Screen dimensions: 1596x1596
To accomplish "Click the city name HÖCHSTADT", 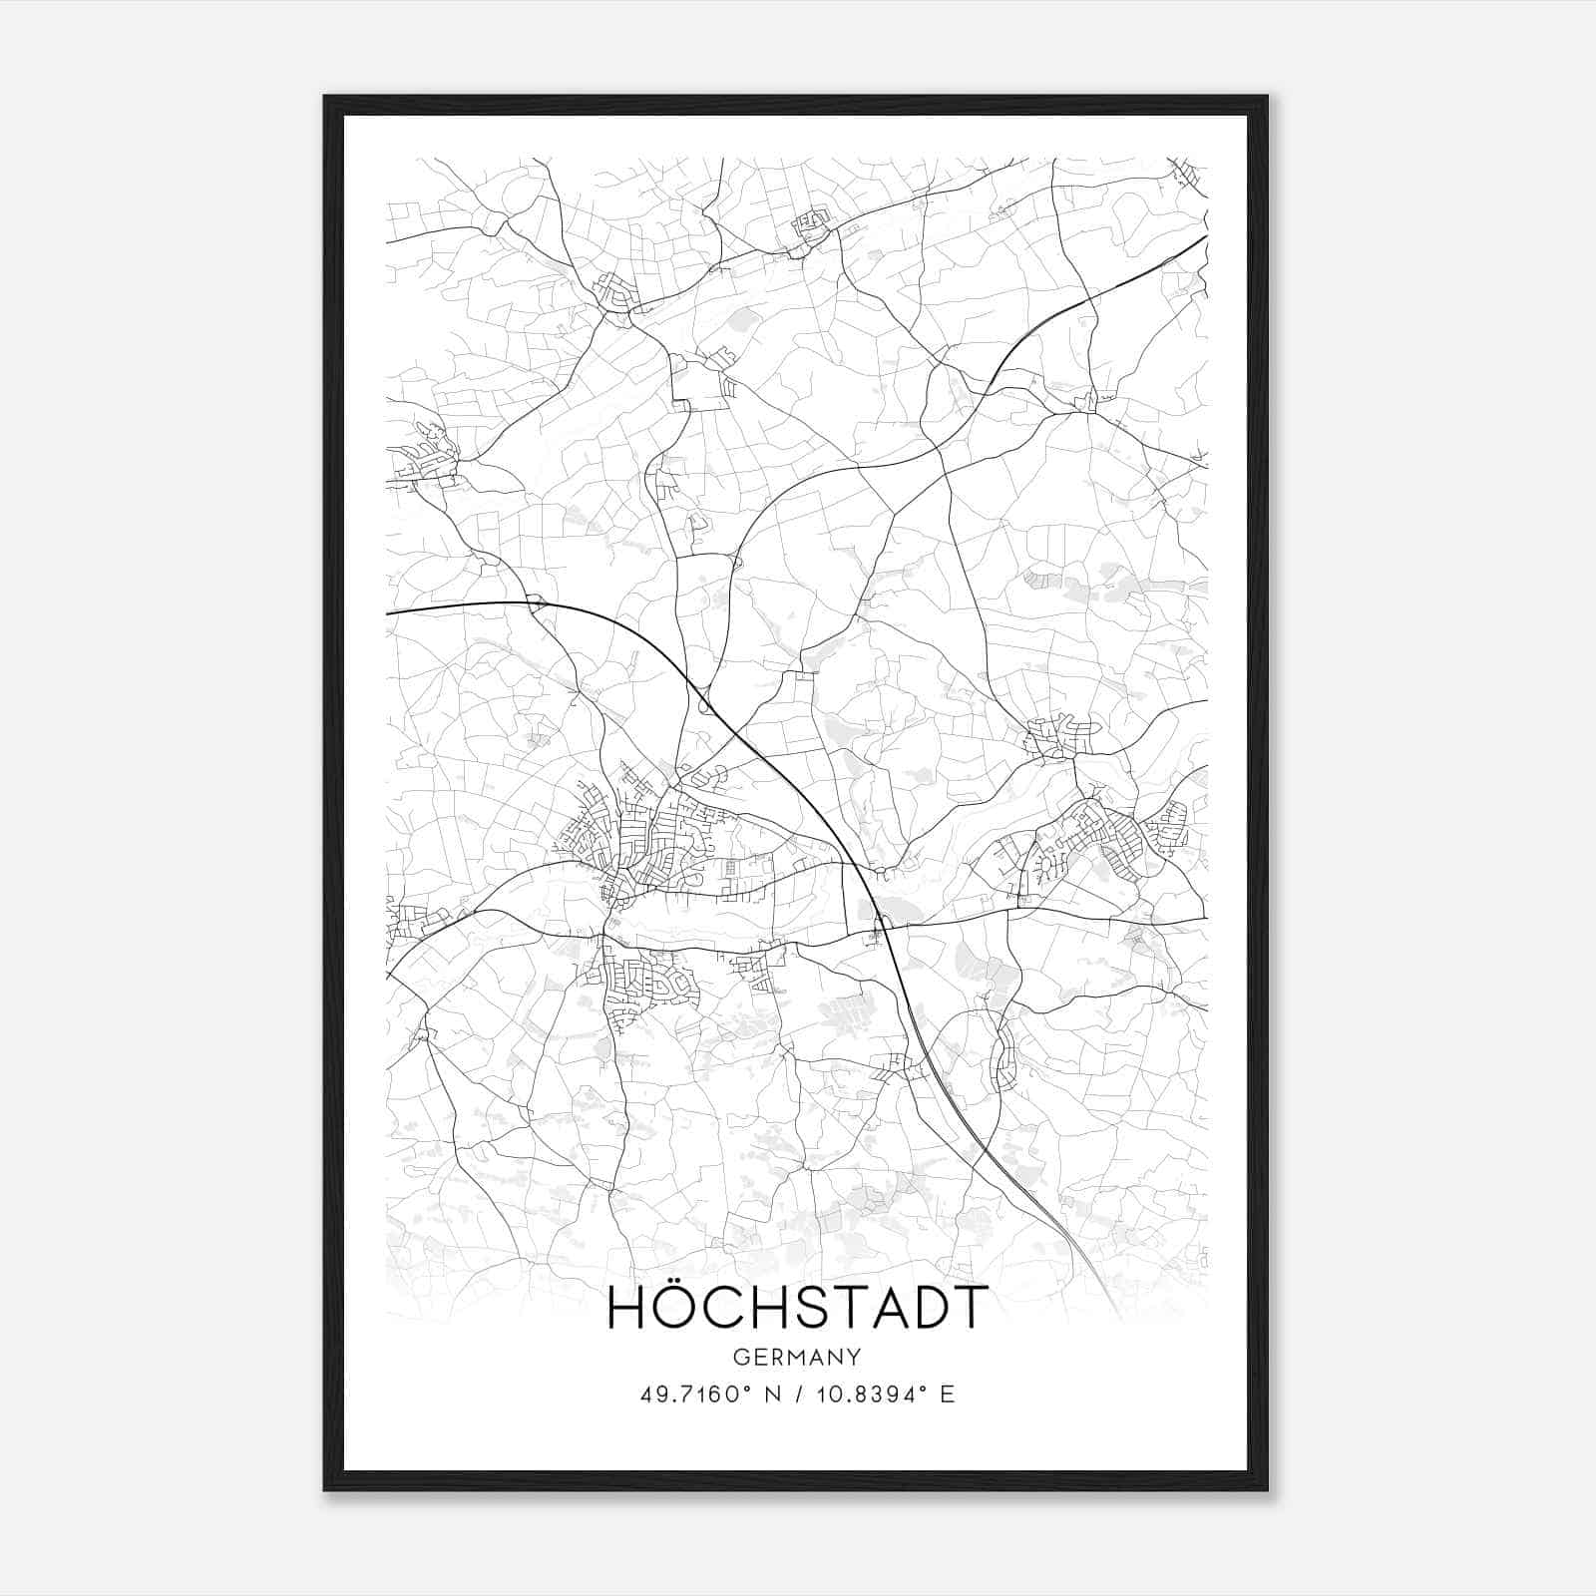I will tap(797, 1308).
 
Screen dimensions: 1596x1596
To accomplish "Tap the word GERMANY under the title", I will tap(797, 1357).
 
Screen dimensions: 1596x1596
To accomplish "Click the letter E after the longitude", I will tap(947, 1395).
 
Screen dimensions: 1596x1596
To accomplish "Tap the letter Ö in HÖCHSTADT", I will tap(683, 1308).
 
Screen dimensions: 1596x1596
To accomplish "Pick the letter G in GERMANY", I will tap(740, 1357).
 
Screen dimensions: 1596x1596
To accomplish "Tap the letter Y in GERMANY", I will tap(855, 1357).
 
